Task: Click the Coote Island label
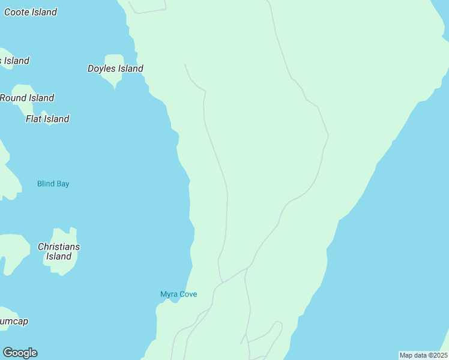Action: coord(30,12)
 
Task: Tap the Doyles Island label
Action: coord(115,68)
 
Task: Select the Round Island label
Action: coord(27,98)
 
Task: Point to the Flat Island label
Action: coord(47,119)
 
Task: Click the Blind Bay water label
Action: coord(53,184)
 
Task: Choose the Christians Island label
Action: coord(59,251)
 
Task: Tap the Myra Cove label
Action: coord(178,294)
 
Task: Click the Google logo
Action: coord(20,353)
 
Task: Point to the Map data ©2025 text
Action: coord(423,355)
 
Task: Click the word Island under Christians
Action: coord(59,257)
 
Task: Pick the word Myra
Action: coord(169,294)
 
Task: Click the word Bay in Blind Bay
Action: coord(62,184)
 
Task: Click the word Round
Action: coord(13,98)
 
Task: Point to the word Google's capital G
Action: coord(8,353)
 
